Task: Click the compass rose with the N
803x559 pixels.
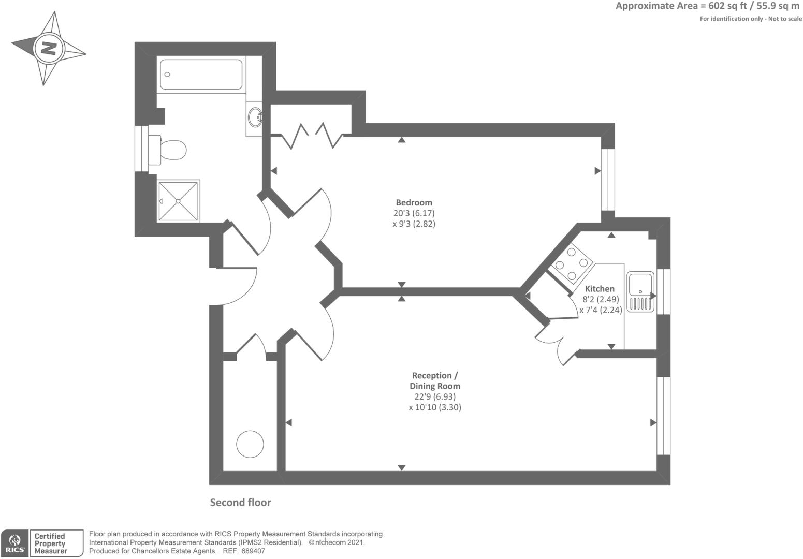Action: click(x=49, y=49)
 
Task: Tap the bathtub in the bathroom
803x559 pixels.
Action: click(x=201, y=75)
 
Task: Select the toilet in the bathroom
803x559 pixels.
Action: click(x=168, y=150)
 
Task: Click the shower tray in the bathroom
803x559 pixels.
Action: click(x=178, y=201)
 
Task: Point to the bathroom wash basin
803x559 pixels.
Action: click(x=255, y=117)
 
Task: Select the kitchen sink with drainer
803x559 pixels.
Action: click(x=640, y=292)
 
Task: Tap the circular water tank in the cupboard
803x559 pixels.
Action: click(x=250, y=444)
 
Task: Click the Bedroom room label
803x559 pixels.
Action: click(x=414, y=202)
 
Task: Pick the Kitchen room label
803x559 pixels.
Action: click(x=600, y=289)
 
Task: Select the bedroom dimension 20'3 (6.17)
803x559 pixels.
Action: click(x=414, y=213)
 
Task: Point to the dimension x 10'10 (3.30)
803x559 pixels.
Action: click(x=434, y=407)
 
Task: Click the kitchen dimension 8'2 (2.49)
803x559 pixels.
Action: click(x=601, y=299)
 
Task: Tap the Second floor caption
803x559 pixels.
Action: click(x=240, y=503)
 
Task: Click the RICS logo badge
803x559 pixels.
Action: click(x=14, y=543)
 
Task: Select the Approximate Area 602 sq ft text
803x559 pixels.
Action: click(x=707, y=6)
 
